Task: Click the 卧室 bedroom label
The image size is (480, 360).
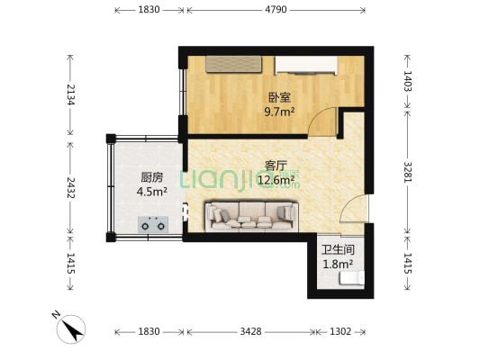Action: tap(277, 98)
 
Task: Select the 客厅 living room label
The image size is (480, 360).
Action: tap(276, 166)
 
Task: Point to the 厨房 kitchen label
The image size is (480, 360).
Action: tap(150, 177)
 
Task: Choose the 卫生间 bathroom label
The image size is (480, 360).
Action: tap(338, 250)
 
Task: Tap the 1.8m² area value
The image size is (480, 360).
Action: tap(338, 264)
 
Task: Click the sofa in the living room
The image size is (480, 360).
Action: tap(251, 215)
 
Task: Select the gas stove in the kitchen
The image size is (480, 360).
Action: tap(153, 224)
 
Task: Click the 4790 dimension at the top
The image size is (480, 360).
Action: tap(275, 10)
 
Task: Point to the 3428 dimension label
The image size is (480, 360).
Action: tap(250, 331)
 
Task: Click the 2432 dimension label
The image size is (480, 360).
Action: tap(69, 189)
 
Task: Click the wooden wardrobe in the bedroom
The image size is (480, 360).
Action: tap(234, 64)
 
